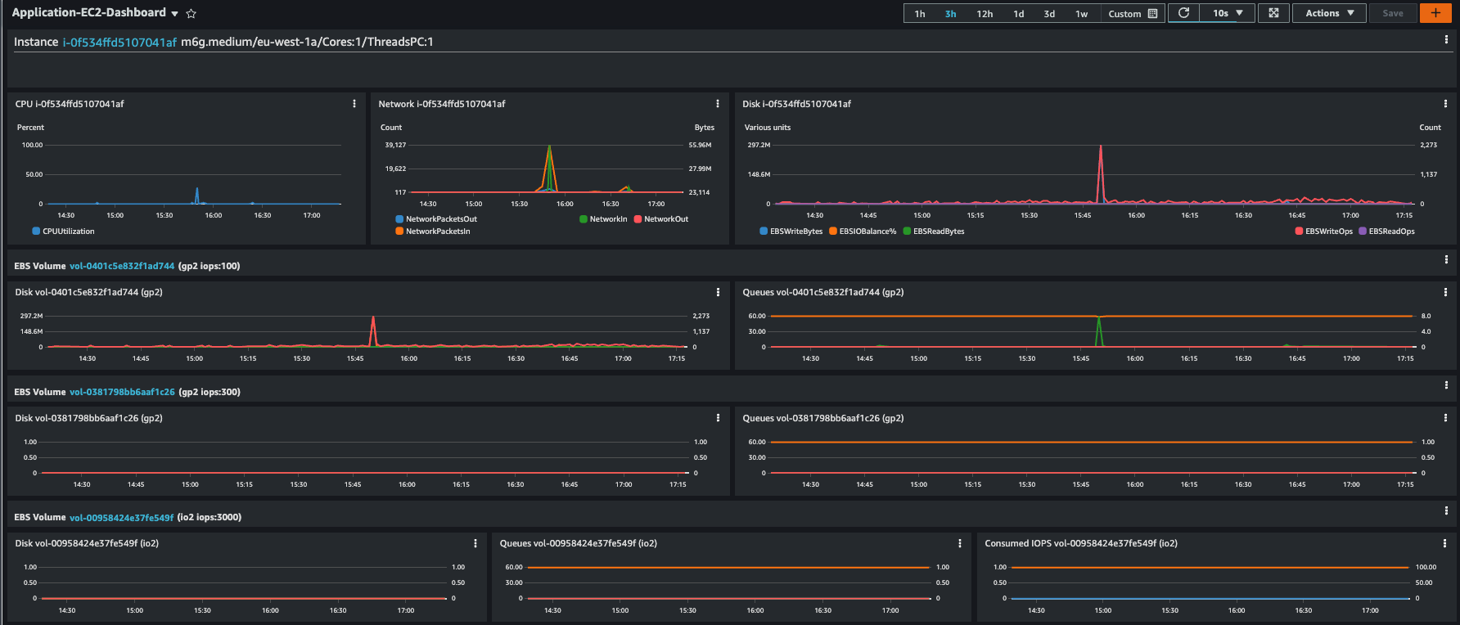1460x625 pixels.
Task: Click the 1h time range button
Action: pyautogui.click(x=920, y=13)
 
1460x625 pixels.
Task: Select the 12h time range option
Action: pyautogui.click(x=985, y=13)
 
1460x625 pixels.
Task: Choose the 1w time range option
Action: pyautogui.click(x=1081, y=13)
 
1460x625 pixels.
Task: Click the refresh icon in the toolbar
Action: pyautogui.click(x=1183, y=13)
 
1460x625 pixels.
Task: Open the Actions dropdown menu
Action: pyautogui.click(x=1329, y=13)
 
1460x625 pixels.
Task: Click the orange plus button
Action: pyautogui.click(x=1435, y=13)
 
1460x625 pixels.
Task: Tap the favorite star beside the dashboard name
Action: pyautogui.click(x=192, y=13)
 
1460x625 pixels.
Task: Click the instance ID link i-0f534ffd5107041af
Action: pyautogui.click(x=119, y=42)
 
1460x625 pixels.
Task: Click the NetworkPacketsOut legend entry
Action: pyautogui.click(x=436, y=219)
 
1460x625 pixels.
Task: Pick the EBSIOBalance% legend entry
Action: pyautogui.click(x=863, y=232)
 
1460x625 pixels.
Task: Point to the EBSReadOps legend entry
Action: pyautogui.click(x=1386, y=232)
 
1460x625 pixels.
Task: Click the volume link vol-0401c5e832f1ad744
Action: pyautogui.click(x=122, y=266)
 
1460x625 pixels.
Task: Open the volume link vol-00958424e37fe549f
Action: pyautogui.click(x=122, y=517)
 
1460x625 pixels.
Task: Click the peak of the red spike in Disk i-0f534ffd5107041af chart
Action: pyautogui.click(x=1101, y=146)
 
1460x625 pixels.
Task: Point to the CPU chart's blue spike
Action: pyautogui.click(x=196, y=189)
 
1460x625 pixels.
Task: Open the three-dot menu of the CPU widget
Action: pyautogui.click(x=354, y=104)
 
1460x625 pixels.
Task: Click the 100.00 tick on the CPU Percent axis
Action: pyautogui.click(x=32, y=145)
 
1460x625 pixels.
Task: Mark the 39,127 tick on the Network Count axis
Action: pyautogui.click(x=395, y=145)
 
